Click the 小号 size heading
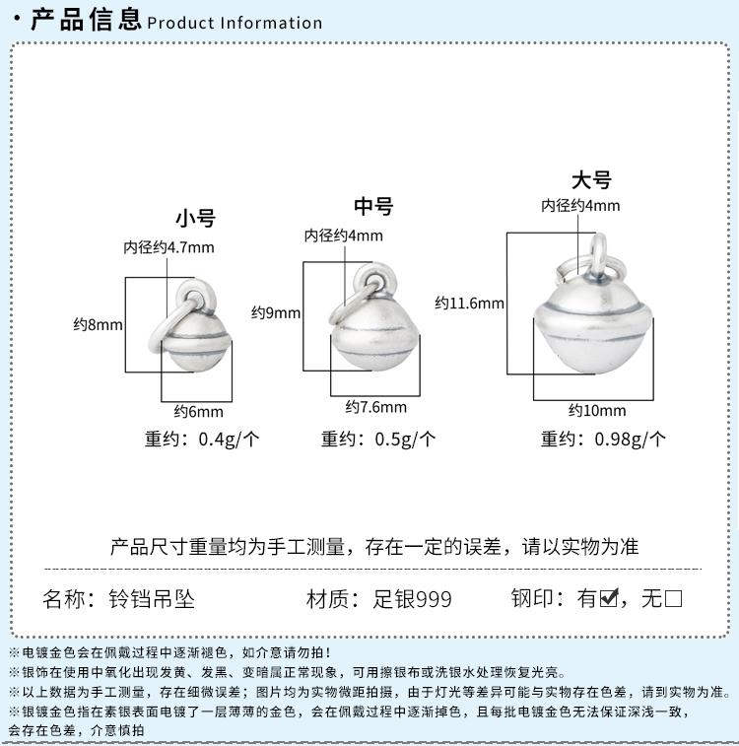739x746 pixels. [x=195, y=219]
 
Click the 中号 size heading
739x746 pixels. [x=373, y=206]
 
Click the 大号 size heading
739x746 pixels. [x=591, y=179]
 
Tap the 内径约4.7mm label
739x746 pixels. [x=168, y=247]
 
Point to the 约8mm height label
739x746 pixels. [x=98, y=324]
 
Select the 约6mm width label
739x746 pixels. [x=198, y=412]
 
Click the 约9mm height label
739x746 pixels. [x=276, y=312]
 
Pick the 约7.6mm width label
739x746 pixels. [x=375, y=407]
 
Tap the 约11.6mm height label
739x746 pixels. [x=469, y=304]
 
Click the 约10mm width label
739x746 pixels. [x=597, y=411]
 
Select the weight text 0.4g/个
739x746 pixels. [x=230, y=439]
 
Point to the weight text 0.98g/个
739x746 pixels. [x=630, y=439]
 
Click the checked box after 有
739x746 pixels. [x=609, y=598]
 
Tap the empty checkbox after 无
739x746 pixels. [x=673, y=598]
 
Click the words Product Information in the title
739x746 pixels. [x=235, y=23]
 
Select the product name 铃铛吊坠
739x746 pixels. [x=152, y=598]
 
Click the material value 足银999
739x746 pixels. [x=412, y=598]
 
